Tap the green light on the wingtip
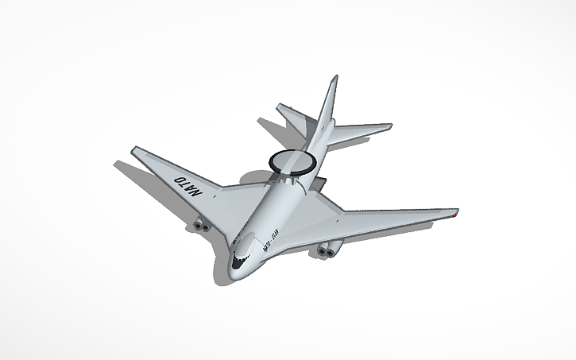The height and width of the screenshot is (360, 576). (x=133, y=148)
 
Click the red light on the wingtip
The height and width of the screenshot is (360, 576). (x=454, y=212)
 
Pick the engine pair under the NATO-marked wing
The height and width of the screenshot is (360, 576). (x=199, y=227)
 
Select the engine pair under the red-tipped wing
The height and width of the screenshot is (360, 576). (x=326, y=251)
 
